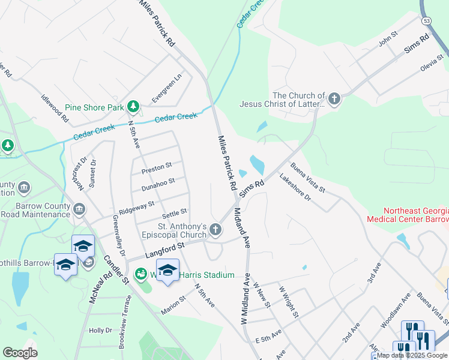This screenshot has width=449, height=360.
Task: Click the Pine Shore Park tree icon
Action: pyautogui.click(x=133, y=107)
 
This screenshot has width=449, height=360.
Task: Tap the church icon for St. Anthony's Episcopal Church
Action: pyautogui.click(x=215, y=229)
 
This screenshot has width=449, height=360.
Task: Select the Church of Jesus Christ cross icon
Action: pyautogui.click(x=334, y=99)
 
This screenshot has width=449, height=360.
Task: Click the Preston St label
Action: pyautogui.click(x=157, y=167)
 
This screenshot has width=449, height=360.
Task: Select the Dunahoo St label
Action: pyautogui.click(x=158, y=184)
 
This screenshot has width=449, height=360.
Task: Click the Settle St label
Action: pyautogui.click(x=175, y=213)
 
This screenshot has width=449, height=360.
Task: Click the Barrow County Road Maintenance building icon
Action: pyautogui.click(x=79, y=209)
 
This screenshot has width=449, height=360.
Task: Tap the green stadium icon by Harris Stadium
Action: pyautogui.click(x=142, y=275)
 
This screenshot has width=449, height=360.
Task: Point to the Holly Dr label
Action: pyautogui.click(x=100, y=330)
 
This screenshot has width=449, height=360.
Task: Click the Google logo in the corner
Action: pyautogui.click(x=20, y=353)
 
